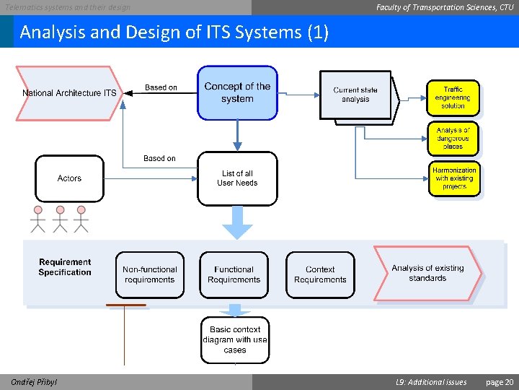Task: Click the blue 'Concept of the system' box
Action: (x=237, y=92)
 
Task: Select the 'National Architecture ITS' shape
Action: (x=69, y=93)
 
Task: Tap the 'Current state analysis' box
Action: (x=355, y=95)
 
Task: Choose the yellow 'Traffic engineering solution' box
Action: (x=453, y=97)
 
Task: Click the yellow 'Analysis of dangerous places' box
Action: (x=453, y=138)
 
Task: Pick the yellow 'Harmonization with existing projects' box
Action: (x=454, y=178)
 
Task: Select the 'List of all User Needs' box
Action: (x=237, y=178)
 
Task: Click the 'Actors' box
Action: (x=69, y=178)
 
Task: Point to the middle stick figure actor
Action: (x=60, y=219)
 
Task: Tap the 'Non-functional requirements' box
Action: (x=149, y=274)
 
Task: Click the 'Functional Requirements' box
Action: (x=234, y=274)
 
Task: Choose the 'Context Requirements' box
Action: (x=320, y=274)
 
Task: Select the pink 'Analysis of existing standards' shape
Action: (x=427, y=273)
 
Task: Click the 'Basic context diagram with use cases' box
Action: (x=235, y=339)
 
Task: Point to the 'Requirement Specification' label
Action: (x=65, y=267)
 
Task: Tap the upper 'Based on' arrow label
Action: (x=161, y=87)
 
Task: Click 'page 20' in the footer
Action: (x=500, y=382)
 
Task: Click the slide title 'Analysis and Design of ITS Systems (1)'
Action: (x=174, y=32)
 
